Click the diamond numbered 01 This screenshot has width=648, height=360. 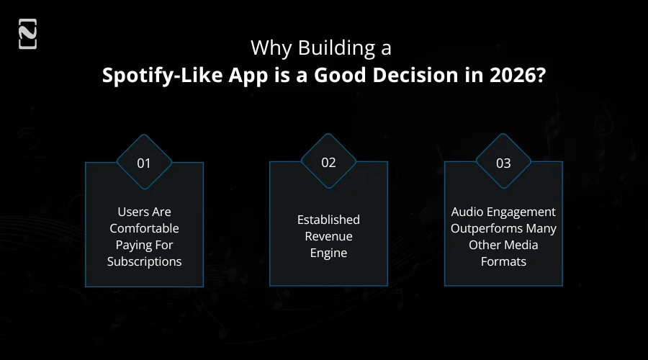144,163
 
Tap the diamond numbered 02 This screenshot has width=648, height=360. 328,163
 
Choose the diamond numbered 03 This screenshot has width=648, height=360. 503,163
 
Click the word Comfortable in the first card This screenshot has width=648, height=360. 144,228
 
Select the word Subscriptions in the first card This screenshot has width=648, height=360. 144,261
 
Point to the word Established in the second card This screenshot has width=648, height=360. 328,220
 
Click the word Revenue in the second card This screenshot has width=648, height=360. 328,236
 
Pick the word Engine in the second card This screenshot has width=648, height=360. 328,253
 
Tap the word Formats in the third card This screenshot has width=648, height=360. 503,261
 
